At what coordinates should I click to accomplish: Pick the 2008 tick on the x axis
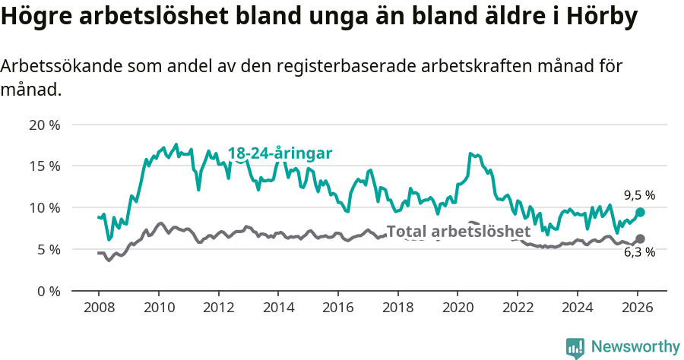coord(99,308)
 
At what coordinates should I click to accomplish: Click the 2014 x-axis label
coord(278,308)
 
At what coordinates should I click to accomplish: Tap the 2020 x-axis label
coord(458,308)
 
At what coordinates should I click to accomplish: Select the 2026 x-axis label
coord(637,308)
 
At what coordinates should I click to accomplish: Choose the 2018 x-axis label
coord(397,308)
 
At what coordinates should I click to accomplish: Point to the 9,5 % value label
coord(639,195)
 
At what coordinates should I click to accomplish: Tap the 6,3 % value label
coord(639,252)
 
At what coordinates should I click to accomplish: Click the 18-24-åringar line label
coord(280,153)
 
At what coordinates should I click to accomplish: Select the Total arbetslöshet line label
coord(458,232)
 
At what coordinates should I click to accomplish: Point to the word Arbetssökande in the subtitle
coord(57,66)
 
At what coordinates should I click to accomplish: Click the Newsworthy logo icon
coord(575,347)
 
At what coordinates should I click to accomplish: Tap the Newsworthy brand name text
coord(635,347)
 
